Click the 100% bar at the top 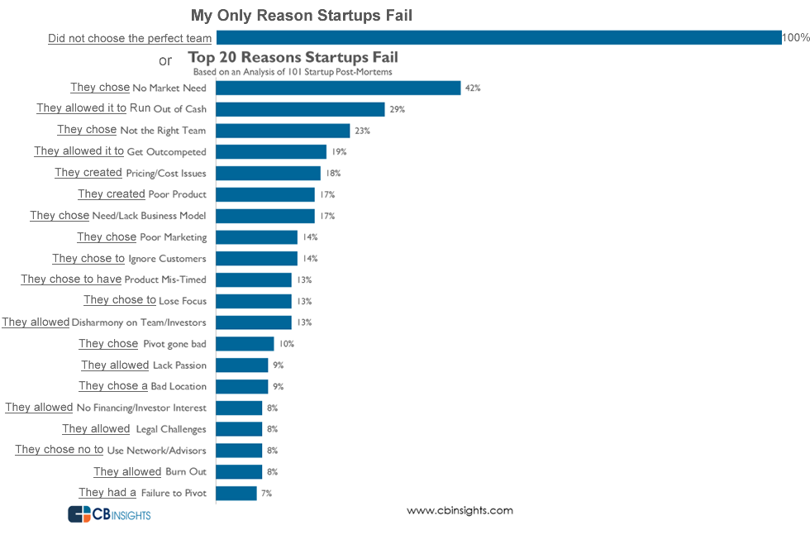coord(498,37)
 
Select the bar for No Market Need coord(338,88)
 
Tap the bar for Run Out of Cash coord(300,109)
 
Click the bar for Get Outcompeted coord(271,151)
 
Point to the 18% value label coord(333,173)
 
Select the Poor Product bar coord(265,194)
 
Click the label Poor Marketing coord(174,237)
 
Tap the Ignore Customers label coord(167,259)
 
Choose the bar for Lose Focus coord(254,301)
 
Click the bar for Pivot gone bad coord(245,343)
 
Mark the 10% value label coord(287,343)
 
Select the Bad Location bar coord(242,386)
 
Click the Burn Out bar coord(239,471)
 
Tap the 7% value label coord(266,493)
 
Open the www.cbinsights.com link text coord(460,510)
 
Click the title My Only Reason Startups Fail coord(301,16)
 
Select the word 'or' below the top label coord(165,60)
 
